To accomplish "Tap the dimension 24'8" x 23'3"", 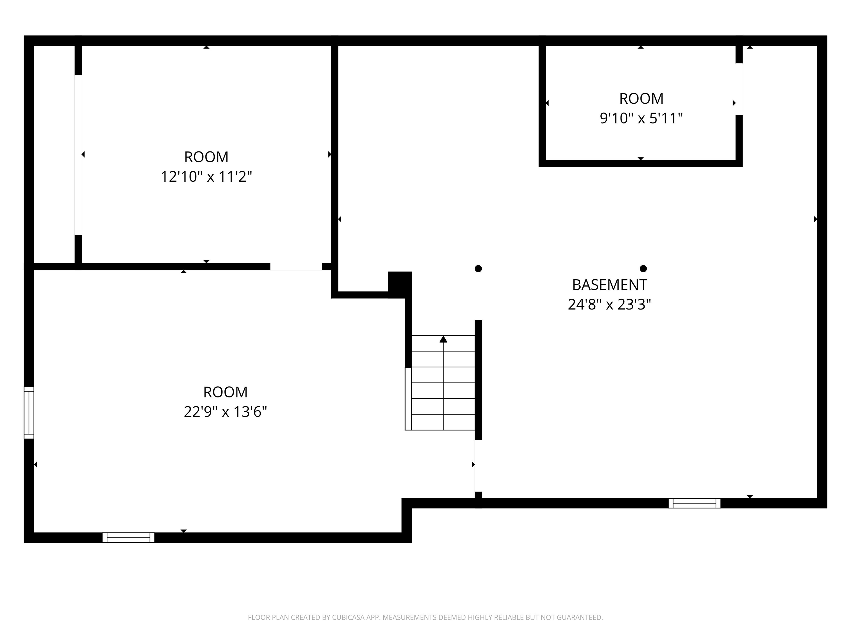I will (x=609, y=305).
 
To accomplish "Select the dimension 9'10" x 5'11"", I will (x=641, y=118).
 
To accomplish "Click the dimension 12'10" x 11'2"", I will (x=206, y=177).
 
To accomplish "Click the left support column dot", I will (x=478, y=268).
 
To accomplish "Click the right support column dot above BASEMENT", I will (x=643, y=268).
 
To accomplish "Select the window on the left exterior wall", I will (x=29, y=412).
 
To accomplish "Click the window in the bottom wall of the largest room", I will (x=129, y=537).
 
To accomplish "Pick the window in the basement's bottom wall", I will (x=694, y=503).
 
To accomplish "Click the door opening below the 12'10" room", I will (x=296, y=267).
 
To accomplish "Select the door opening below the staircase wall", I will (x=478, y=465).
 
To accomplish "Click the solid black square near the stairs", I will (x=399, y=284).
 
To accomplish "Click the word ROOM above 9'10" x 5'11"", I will (x=641, y=99).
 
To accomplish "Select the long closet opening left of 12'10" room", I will (x=78, y=154).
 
